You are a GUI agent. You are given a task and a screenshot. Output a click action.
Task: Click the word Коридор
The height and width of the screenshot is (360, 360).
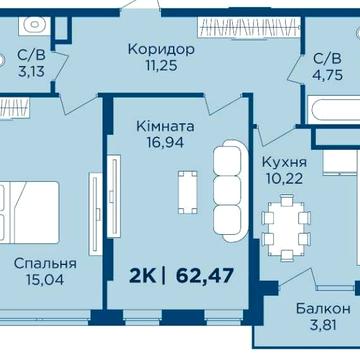[160, 50]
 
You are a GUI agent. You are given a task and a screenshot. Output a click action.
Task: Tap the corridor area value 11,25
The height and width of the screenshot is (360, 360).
[160, 68]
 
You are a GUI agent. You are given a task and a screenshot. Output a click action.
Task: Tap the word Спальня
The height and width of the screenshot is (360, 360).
[45, 264]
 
